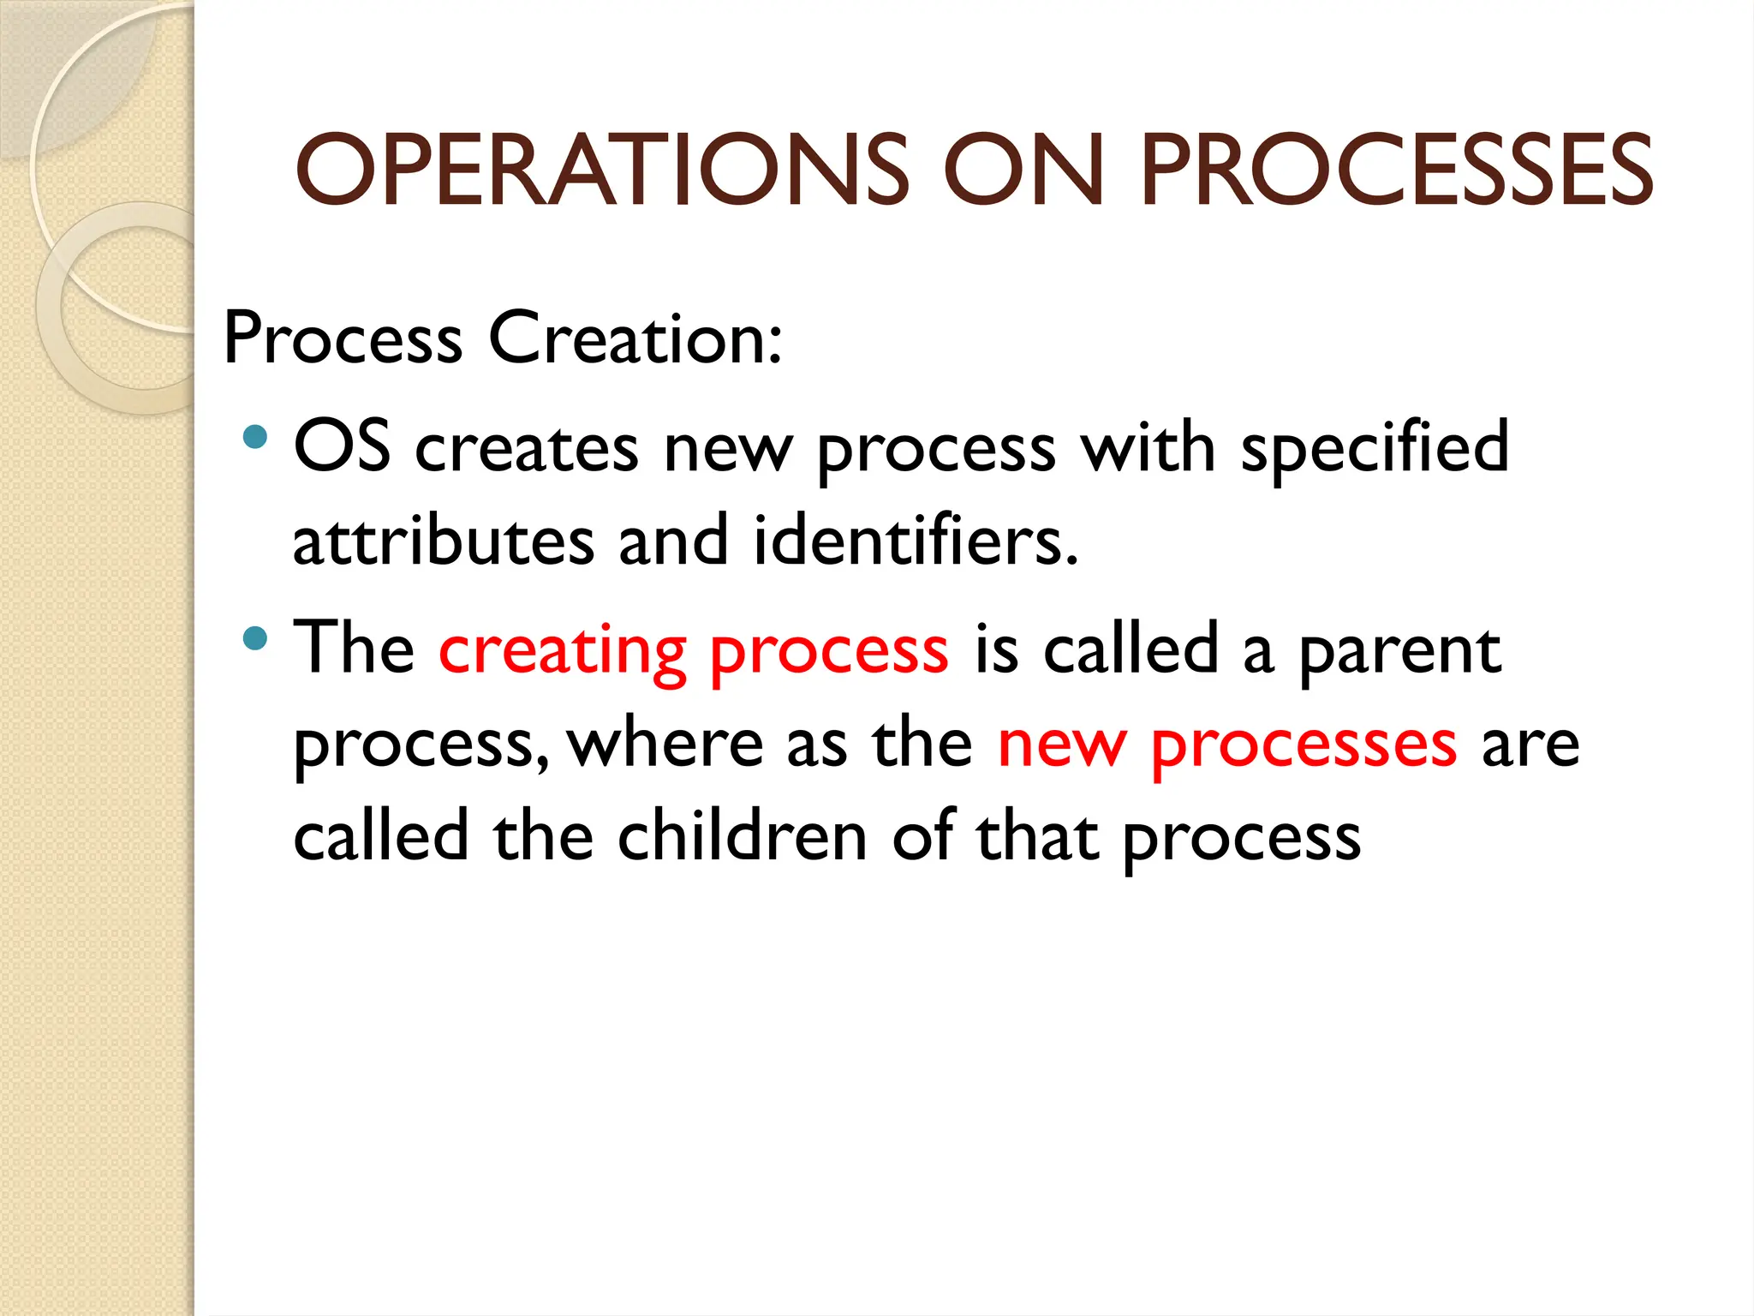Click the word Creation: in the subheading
pyautogui.click(x=635, y=338)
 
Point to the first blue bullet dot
pyautogui.click(x=254, y=439)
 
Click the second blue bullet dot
pyautogui.click(x=254, y=638)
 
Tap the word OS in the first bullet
pyautogui.click(x=342, y=447)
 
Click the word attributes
pyautogui.click(x=443, y=541)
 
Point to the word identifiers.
pyautogui.click(x=915, y=541)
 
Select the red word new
pyautogui.click(x=1061, y=744)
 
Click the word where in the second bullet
pyautogui.click(x=665, y=744)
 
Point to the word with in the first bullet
pyautogui.click(x=1148, y=447)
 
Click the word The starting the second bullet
pyautogui.click(x=354, y=648)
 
